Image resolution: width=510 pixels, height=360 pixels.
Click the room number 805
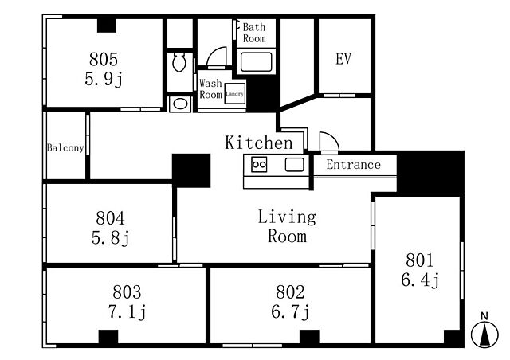pyautogui.click(x=104, y=59)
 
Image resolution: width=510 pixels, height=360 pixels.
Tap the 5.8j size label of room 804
pyautogui.click(x=111, y=238)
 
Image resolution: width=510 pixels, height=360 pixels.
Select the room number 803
pyautogui.click(x=127, y=292)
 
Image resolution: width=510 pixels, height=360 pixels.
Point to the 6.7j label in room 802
pyautogui.click(x=290, y=311)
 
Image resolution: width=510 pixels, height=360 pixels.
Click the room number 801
pyautogui.click(x=420, y=260)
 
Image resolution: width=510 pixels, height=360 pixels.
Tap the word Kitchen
pyautogui.click(x=259, y=143)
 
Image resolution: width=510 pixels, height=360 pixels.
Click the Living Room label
pyautogui.click(x=287, y=227)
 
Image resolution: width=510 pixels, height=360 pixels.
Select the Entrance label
pyautogui.click(x=354, y=165)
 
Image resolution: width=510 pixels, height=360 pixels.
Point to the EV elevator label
pyautogui.click(x=343, y=59)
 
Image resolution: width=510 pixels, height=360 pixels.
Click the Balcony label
pyautogui.click(x=65, y=147)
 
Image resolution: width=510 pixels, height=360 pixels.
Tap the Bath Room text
pyautogui.click(x=254, y=33)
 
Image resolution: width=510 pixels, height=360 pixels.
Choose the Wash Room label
pyautogui.click(x=210, y=88)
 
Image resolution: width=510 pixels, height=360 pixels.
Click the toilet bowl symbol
pyautogui.click(x=179, y=62)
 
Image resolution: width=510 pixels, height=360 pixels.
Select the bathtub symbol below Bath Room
pyautogui.click(x=257, y=62)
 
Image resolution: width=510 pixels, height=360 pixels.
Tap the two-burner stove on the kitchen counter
pyautogui.click(x=259, y=164)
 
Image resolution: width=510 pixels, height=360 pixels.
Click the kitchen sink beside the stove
pyautogui.click(x=295, y=164)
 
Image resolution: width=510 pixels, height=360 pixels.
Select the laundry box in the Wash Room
pyautogui.click(x=234, y=94)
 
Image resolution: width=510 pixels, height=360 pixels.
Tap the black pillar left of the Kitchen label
pyautogui.click(x=191, y=170)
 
